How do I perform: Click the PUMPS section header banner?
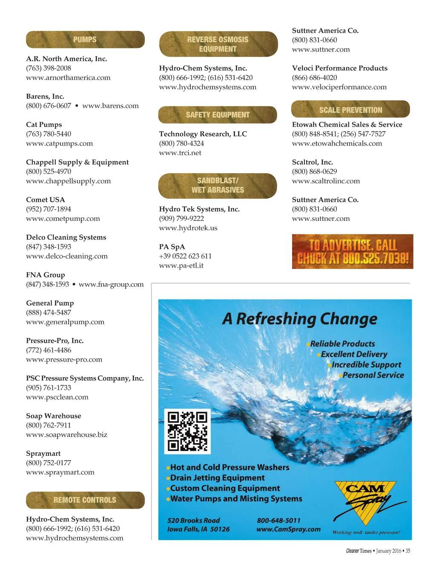point(85,40)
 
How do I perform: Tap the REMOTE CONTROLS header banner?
point(85,500)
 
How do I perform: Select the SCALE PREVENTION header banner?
point(350,110)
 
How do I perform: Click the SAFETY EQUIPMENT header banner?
point(218,115)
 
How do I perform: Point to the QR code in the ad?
point(187,431)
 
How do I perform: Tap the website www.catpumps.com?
point(59,143)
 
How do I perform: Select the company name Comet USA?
point(46,200)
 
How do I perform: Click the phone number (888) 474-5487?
point(49,312)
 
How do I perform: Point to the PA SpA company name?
point(172,247)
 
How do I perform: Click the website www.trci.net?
point(180,153)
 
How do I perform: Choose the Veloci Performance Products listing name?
point(339,68)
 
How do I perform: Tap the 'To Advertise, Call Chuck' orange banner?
point(353,252)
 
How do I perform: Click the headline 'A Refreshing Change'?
point(300,319)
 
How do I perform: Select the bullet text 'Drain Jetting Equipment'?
point(217,478)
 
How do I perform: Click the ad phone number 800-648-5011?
point(278,520)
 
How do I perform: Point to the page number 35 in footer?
point(408,551)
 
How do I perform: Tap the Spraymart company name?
point(43,453)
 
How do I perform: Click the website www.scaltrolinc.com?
point(326,181)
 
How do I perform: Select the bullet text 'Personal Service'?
point(373,375)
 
